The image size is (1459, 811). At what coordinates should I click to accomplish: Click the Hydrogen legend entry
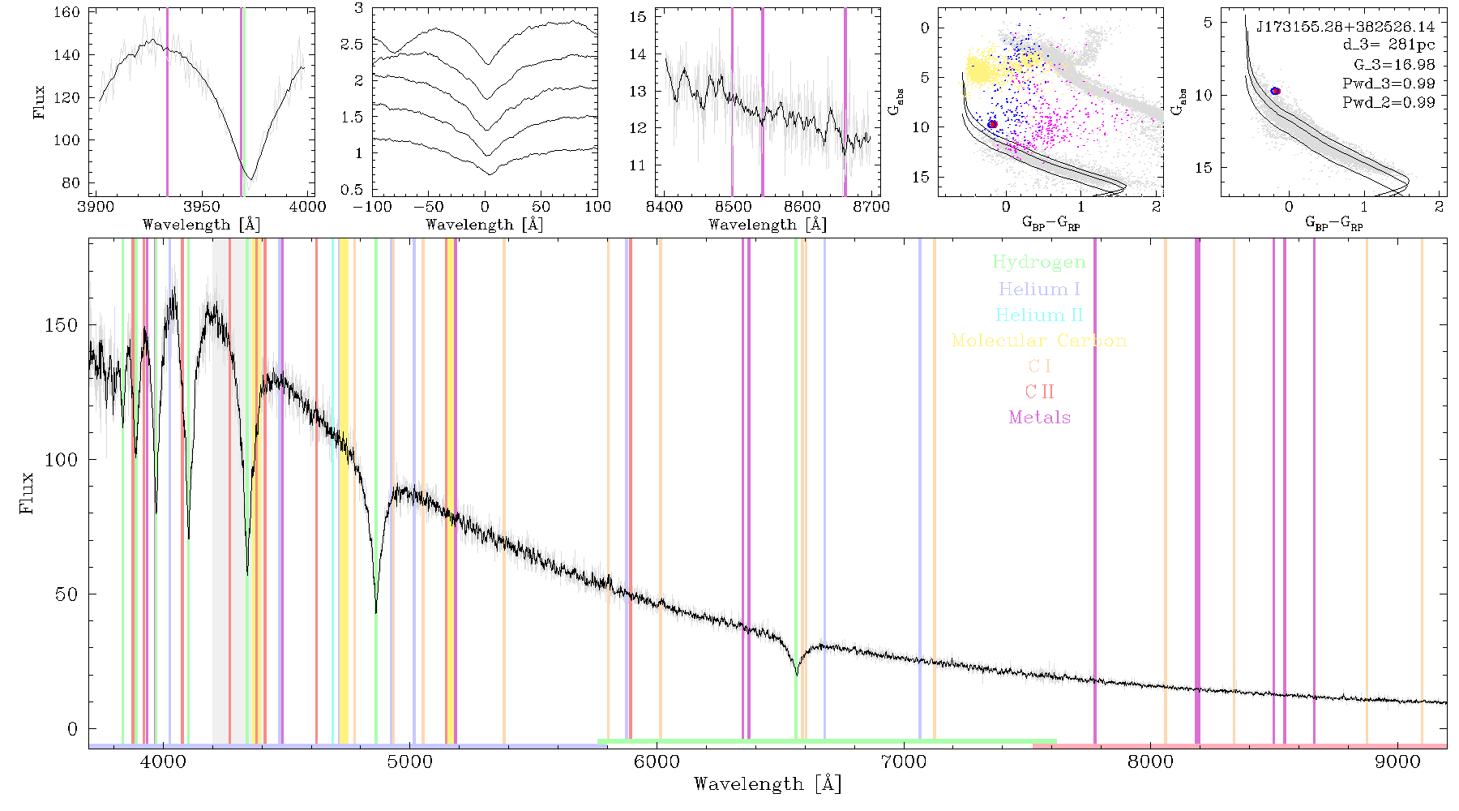point(1038,262)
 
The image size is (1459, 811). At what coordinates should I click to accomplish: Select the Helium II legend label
point(1039,315)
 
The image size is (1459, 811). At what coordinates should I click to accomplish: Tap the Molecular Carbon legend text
point(1039,340)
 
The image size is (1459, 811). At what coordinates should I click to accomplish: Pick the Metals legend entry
point(1040,417)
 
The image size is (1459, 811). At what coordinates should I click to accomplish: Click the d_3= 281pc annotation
point(1388,45)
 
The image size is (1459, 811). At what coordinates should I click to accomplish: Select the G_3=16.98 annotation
point(1394,65)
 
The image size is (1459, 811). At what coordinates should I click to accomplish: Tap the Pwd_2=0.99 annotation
point(1388,102)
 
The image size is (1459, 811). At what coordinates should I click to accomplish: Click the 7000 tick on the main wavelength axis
point(904,762)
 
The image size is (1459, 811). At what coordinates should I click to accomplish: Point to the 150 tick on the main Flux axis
point(62,324)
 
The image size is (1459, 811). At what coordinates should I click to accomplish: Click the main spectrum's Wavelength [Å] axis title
point(768,784)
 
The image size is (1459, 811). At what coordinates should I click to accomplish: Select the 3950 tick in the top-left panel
point(201,206)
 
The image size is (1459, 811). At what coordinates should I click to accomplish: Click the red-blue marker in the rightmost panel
point(1275,91)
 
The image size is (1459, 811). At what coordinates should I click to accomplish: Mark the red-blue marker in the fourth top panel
point(992,124)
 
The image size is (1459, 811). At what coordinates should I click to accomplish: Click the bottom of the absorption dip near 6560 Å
point(797,675)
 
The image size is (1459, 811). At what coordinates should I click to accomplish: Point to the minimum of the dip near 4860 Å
point(376,612)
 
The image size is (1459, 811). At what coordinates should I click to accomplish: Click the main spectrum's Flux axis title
point(27,492)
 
